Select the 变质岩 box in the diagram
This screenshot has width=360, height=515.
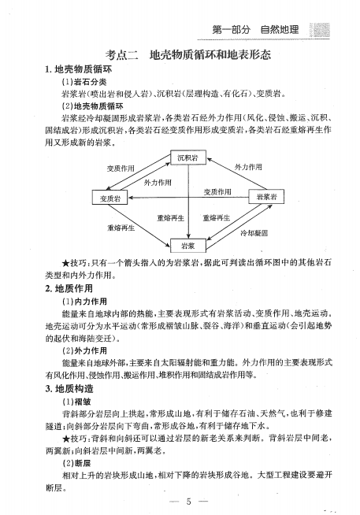(110, 198)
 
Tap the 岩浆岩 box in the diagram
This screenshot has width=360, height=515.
(265, 198)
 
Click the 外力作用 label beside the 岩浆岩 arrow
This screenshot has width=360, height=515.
(247, 168)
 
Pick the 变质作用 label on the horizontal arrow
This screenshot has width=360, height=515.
(218, 191)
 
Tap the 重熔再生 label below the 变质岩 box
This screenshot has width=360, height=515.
(121, 228)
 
